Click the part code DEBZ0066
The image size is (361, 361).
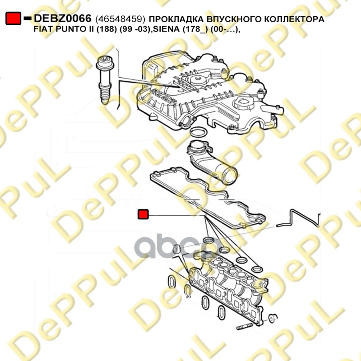pyautogui.click(x=63, y=18)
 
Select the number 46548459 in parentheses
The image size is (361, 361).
pyautogui.click(x=120, y=19)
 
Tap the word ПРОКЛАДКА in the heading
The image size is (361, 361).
pyautogui.click(x=176, y=19)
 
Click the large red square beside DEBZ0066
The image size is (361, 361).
pyautogui.click(x=13, y=18)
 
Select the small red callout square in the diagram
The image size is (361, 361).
pyautogui.click(x=143, y=214)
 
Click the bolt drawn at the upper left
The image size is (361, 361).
pyautogui.click(x=105, y=79)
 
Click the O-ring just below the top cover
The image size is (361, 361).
pyautogui.click(x=199, y=132)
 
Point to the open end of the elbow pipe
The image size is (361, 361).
pyautogui.click(x=231, y=174)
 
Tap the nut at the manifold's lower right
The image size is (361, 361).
pyautogui.click(x=273, y=318)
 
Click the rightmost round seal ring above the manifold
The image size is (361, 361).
pyautogui.click(x=257, y=269)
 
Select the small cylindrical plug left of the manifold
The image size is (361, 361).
pyautogui.click(x=177, y=250)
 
